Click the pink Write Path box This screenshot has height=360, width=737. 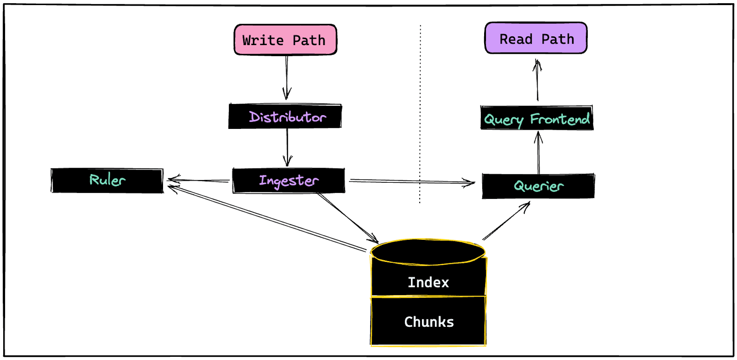[x=285, y=40]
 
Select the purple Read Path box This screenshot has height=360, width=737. [x=536, y=38]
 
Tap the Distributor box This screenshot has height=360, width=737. [x=285, y=116]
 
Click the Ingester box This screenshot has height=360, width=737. [x=288, y=180]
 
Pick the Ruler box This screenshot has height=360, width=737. [x=107, y=180]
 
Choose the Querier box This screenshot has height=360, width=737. [x=538, y=186]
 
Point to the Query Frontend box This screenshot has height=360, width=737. [x=537, y=118]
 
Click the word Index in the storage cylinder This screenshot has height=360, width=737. [x=428, y=282]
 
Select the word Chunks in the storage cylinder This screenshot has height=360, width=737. [x=429, y=322]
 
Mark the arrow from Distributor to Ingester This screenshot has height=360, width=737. [x=287, y=146]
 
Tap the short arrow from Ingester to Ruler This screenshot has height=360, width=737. [x=198, y=180]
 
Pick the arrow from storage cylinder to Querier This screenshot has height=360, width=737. [x=506, y=221]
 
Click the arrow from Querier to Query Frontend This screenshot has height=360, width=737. [x=538, y=152]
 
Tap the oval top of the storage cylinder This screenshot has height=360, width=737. [x=427, y=252]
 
